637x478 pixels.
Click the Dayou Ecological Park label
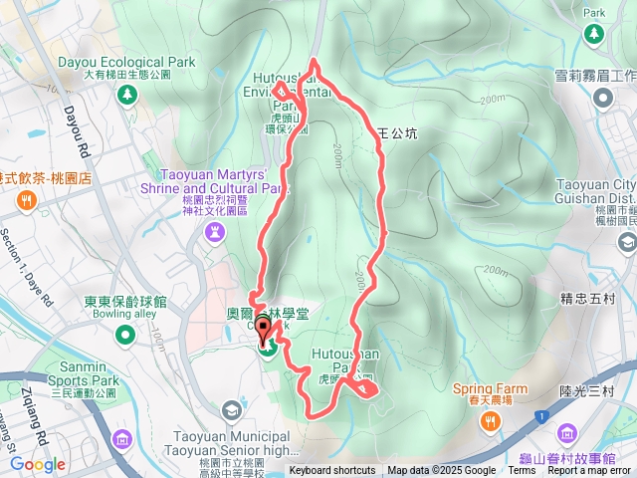(139, 62)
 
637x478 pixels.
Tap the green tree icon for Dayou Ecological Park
(127, 95)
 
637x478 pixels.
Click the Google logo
(38, 464)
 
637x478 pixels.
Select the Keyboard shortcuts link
(332, 471)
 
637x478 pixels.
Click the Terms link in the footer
(522, 471)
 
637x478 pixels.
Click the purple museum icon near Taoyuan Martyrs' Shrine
(215, 232)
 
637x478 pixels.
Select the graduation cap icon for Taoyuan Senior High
(232, 410)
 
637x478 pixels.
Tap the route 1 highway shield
(540, 415)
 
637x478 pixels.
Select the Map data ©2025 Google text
(442, 471)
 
